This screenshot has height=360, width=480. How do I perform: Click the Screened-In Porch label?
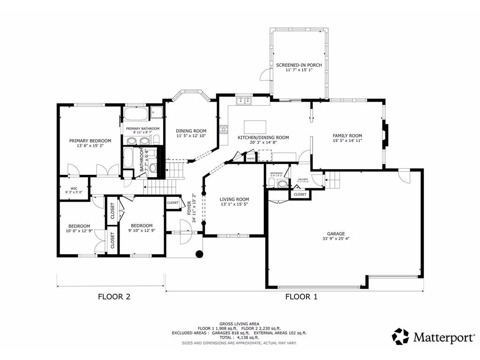(x=299, y=65)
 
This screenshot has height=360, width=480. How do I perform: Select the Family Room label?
(x=347, y=136)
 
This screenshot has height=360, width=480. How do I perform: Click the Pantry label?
(x=251, y=159)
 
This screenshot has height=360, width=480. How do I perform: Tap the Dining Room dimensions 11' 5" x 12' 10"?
(x=191, y=136)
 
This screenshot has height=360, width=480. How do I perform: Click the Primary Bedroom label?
(x=90, y=141)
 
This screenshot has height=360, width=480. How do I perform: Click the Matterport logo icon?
(x=400, y=336)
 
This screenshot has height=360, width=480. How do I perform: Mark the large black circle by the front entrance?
(x=199, y=254)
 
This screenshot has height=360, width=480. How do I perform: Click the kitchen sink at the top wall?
(x=244, y=101)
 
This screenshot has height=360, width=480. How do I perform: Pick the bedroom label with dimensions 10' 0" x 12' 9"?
(x=75, y=225)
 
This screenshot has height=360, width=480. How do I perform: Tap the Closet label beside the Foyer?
(x=172, y=203)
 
